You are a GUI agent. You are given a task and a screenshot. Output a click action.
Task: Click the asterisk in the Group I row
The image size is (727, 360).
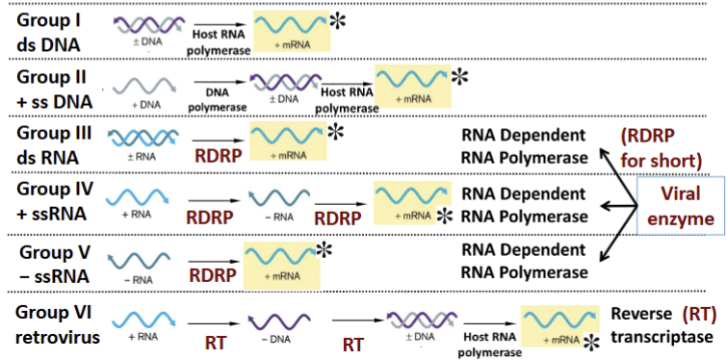pyautogui.click(x=339, y=21)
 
